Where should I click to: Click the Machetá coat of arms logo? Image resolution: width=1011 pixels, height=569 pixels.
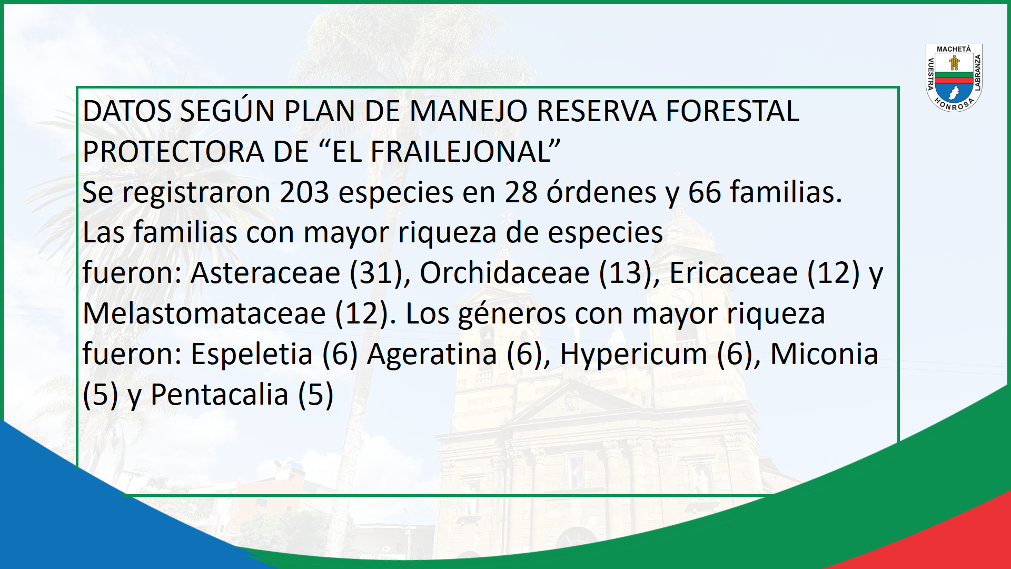click(x=954, y=78)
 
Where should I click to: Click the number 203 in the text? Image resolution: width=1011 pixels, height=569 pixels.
click(x=304, y=192)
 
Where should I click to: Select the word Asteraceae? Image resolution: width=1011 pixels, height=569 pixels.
click(x=265, y=273)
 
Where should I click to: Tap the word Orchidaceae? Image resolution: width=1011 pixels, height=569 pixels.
click(x=504, y=273)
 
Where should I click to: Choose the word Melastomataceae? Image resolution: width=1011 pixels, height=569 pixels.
click(x=204, y=313)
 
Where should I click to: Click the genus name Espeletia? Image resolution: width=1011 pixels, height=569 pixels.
click(x=252, y=354)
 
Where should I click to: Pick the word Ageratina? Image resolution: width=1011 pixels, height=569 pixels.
click(x=432, y=354)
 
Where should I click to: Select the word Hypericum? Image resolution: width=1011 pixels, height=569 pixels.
click(x=633, y=354)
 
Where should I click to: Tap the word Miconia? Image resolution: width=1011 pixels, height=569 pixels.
click(x=824, y=354)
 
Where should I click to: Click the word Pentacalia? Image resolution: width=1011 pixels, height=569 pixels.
click(x=220, y=395)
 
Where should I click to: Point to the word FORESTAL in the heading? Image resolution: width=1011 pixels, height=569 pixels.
click(x=732, y=111)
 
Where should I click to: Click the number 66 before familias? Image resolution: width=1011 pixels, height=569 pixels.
click(x=705, y=192)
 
